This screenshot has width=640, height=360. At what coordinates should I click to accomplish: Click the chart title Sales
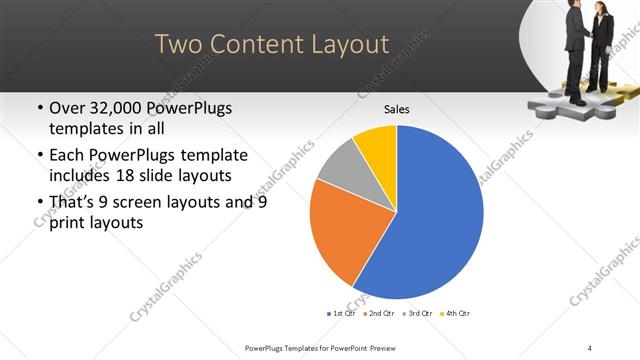tap(397, 109)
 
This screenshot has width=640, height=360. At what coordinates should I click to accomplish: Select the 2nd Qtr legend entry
tap(378, 313)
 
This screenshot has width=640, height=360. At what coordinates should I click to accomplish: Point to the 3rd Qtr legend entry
tap(416, 313)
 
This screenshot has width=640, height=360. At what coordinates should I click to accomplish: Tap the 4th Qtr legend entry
tap(454, 313)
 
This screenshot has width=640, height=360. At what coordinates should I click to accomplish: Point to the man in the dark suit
tap(575, 50)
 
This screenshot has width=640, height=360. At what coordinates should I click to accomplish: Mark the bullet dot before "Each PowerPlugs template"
tap(38, 156)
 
